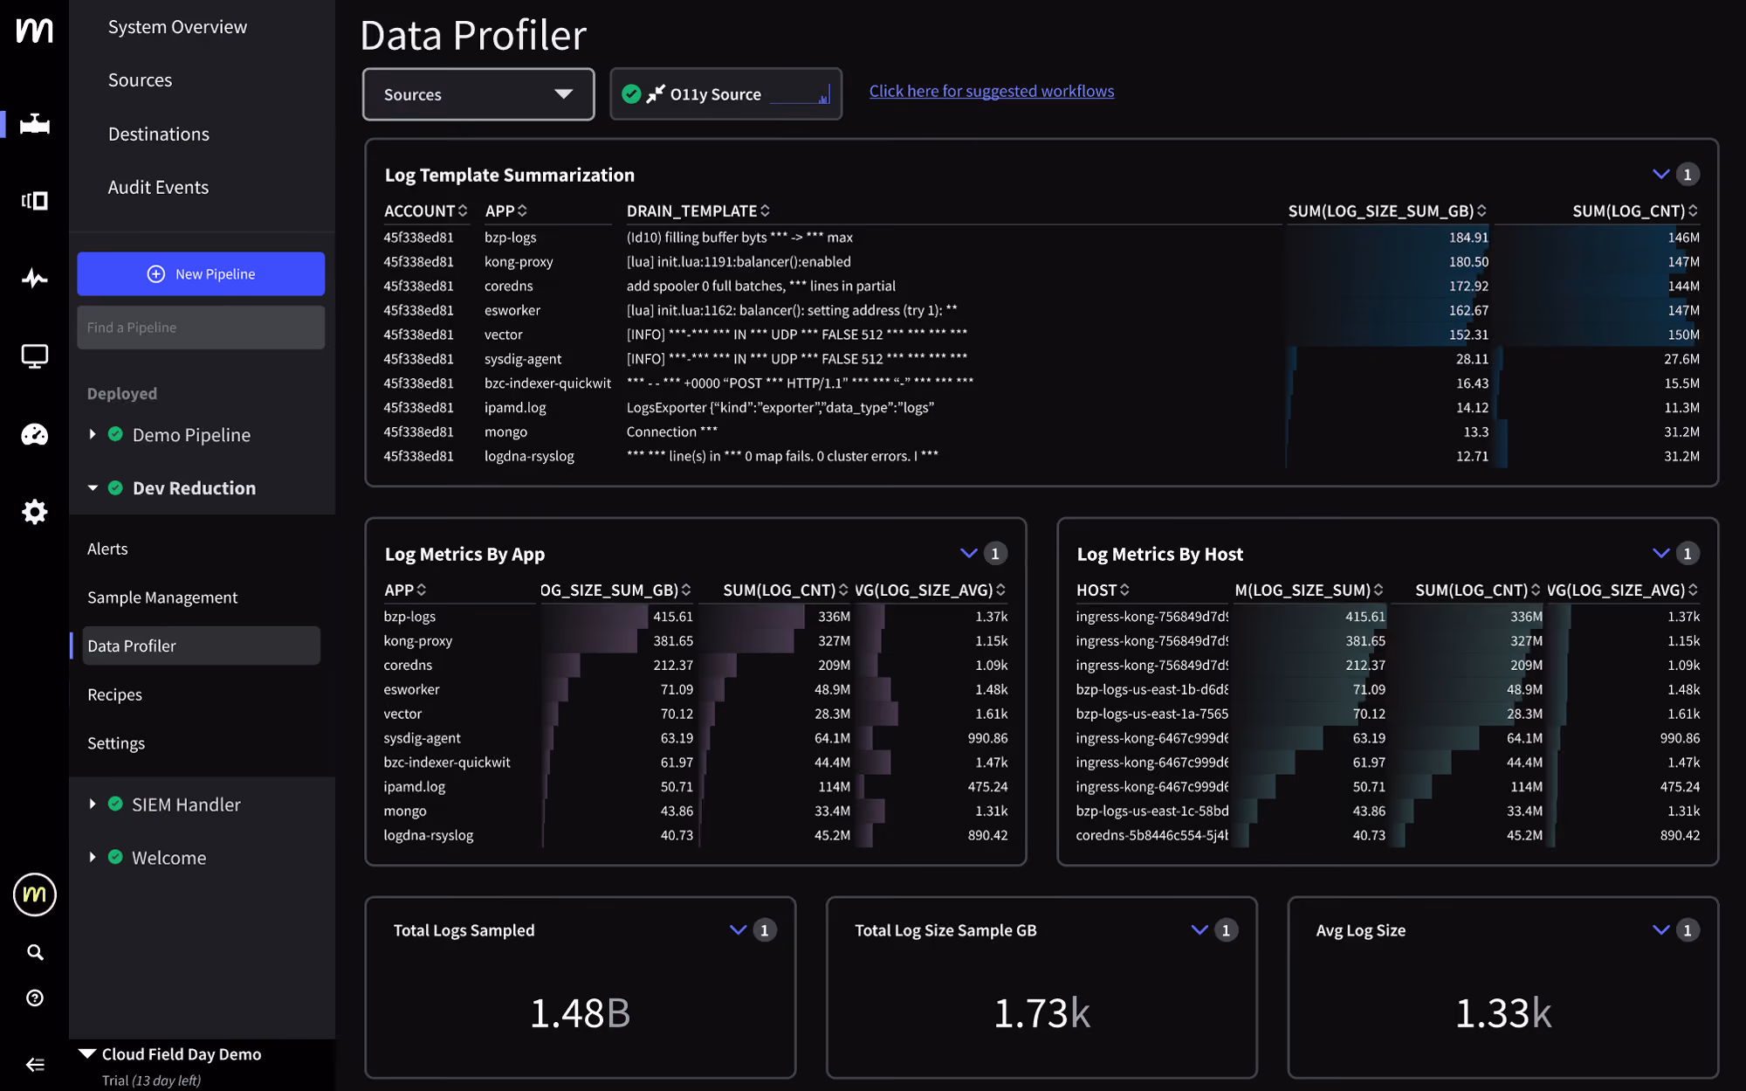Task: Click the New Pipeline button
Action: pos(201,273)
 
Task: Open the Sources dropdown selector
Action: pos(478,94)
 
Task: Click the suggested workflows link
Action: pos(992,91)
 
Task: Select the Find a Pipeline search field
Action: pos(201,328)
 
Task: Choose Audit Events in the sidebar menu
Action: pos(158,187)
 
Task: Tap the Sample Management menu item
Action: pos(162,597)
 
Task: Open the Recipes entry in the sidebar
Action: pos(114,694)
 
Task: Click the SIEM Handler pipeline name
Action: pos(186,804)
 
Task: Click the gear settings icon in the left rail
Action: pos(35,512)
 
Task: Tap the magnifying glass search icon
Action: pos(35,952)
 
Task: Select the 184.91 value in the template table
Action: pos(1468,238)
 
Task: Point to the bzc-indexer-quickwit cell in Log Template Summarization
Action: pos(547,383)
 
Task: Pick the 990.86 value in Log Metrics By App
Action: pos(987,738)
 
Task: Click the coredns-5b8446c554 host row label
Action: pos(1151,835)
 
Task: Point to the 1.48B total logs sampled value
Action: pos(580,1012)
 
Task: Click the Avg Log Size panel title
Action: pos(1360,930)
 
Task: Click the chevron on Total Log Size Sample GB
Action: pos(1200,930)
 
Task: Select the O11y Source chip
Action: pos(725,94)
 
